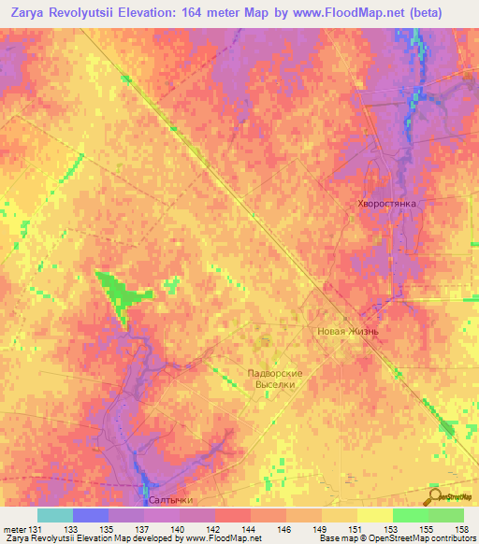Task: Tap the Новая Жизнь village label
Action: click(346, 331)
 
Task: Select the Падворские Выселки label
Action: click(276, 378)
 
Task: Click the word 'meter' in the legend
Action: click(14, 529)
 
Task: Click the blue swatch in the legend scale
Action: click(90, 515)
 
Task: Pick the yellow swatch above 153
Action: click(375, 515)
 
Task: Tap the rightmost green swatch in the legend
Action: click(446, 515)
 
